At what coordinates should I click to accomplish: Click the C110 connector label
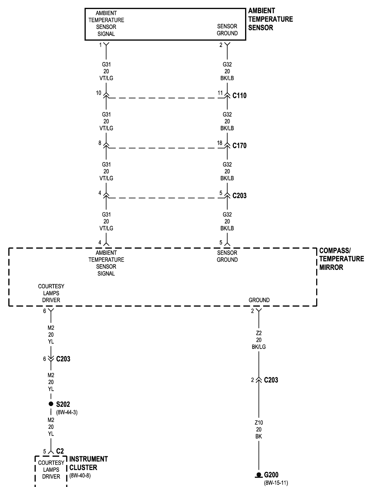239,96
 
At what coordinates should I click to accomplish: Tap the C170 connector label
239,146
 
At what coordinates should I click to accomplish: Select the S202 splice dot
51,404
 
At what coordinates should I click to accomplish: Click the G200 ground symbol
259,475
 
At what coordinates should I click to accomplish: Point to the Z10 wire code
259,422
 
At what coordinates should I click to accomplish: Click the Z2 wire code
259,333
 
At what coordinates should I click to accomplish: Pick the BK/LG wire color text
259,347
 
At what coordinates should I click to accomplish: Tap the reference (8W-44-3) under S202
67,413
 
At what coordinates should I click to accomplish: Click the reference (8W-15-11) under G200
276,483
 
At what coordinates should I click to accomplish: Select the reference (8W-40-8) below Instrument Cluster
80,476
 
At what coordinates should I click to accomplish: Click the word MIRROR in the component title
331,267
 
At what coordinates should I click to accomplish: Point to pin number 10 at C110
99,93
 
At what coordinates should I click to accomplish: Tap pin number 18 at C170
220,143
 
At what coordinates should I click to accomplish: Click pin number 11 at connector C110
220,93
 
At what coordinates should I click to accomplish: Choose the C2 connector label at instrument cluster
60,451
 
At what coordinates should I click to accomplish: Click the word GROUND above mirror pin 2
259,300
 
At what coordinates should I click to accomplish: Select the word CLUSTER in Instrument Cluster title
83,467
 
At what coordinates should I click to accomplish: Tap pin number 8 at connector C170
100,143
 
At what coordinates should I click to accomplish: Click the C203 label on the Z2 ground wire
271,380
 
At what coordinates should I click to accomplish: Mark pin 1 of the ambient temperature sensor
100,45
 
